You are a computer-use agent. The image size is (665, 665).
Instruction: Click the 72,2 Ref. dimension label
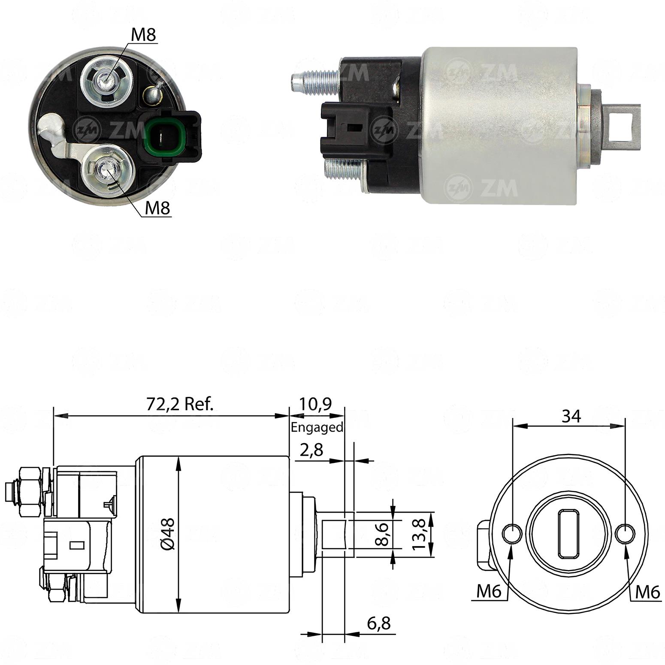pos(180,404)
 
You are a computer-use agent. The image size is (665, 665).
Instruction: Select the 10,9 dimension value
pos(315,404)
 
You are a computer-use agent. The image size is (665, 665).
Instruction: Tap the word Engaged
pos(317,427)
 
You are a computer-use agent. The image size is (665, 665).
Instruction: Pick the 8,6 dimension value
pos(381,533)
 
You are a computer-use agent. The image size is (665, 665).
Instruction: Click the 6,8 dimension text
pos(379,623)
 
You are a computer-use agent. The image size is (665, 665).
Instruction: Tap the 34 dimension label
pos(571,416)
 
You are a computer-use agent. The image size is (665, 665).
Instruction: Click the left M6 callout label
pos(489,592)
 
